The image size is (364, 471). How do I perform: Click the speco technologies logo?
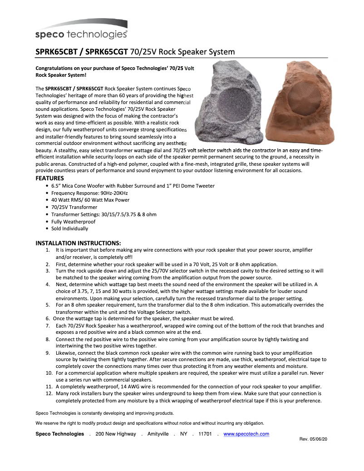click(x=81, y=30)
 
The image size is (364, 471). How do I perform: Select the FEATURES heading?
click(x=50, y=178)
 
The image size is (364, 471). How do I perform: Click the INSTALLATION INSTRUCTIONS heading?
click(x=78, y=243)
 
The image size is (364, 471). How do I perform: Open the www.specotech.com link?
click(x=246, y=434)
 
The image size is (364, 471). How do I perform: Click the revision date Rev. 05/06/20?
click(x=314, y=439)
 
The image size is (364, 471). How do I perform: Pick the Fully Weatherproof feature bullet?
click(x=73, y=222)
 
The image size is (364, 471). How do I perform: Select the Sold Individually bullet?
click(x=69, y=228)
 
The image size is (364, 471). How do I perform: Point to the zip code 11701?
click(x=205, y=434)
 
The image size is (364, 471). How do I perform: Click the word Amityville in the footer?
click(x=158, y=434)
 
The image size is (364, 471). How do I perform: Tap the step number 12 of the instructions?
click(x=49, y=393)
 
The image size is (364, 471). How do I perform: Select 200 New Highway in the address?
click(x=116, y=434)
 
